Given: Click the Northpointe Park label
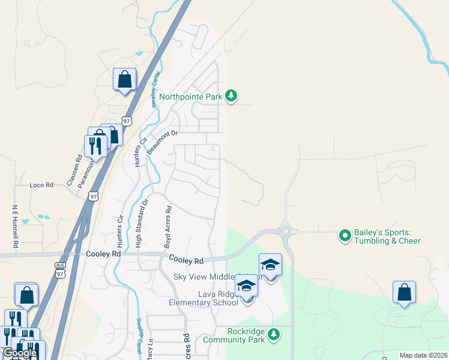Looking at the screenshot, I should pos(190,95).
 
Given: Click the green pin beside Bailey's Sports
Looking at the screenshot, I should pos(345,236).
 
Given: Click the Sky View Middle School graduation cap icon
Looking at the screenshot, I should pos(270,265).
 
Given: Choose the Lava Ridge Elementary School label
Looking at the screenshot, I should pos(203,298).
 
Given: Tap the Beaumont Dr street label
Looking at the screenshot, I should pos(163,142).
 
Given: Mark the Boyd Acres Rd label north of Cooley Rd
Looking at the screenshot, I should pos(168,227).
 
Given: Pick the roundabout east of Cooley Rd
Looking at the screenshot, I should pos(286,231).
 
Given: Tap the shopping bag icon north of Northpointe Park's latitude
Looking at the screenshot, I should pos(124,79).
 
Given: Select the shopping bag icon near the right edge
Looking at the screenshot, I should pos(404,292).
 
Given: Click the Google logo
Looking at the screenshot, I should pos(20,353).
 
